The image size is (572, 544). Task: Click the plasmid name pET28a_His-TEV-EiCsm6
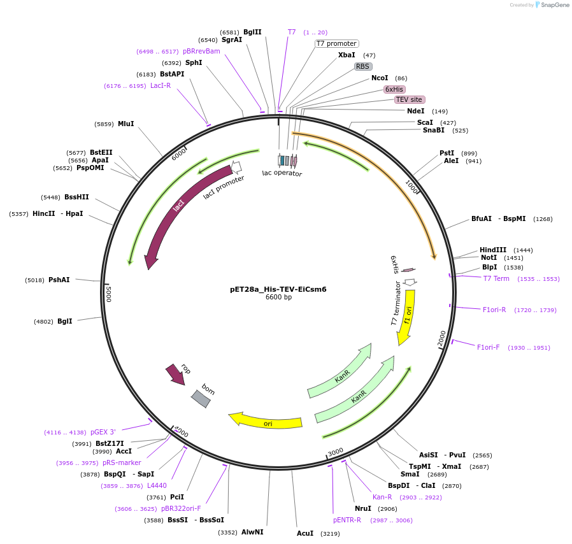(278, 289)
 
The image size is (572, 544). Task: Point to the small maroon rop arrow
(175, 375)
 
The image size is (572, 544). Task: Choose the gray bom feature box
(201, 399)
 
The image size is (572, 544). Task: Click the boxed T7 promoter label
(337, 43)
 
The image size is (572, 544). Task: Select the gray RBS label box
(363, 66)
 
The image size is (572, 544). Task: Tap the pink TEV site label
(409, 99)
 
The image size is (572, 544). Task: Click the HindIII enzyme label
(493, 250)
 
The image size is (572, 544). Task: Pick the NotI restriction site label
(489, 258)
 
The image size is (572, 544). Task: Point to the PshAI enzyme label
(59, 280)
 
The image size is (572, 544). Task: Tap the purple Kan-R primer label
(382, 497)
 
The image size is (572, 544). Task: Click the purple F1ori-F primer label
(489, 347)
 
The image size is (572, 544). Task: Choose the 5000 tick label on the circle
(109, 294)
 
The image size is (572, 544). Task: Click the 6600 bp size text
(278, 297)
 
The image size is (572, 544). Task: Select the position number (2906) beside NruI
(387, 508)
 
